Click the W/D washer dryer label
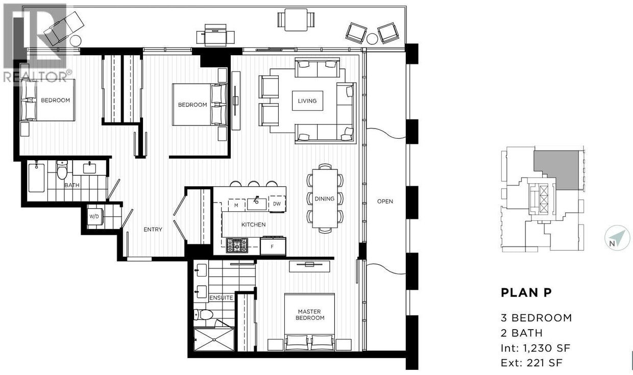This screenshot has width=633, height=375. (x=94, y=216)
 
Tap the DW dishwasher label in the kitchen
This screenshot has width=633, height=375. (x=277, y=204)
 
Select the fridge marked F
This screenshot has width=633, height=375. (x=273, y=246)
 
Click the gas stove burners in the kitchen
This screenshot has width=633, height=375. (x=237, y=245)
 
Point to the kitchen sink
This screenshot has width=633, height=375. (x=256, y=204)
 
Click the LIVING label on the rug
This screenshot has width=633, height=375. (x=307, y=101)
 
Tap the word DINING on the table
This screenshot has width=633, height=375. (x=324, y=198)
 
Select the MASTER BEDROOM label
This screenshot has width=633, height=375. (x=311, y=314)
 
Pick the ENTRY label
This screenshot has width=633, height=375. (x=153, y=230)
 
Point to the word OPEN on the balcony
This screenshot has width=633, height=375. (x=385, y=201)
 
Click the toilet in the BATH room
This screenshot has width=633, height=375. (x=62, y=170)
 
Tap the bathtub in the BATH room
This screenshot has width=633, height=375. (x=36, y=178)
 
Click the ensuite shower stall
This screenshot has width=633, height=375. (x=214, y=339)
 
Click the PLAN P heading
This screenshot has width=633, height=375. (x=526, y=293)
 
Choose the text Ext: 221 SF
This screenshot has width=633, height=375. (x=532, y=364)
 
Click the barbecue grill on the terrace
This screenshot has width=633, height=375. (x=215, y=35)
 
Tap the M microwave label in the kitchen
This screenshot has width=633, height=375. (x=236, y=205)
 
